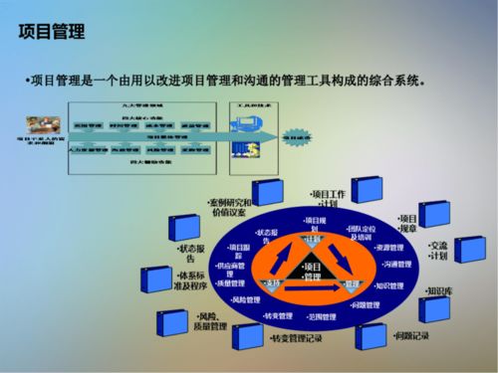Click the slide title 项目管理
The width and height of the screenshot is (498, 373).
tap(50, 34)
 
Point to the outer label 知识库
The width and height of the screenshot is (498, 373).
tap(439, 291)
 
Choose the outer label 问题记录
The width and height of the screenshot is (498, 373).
tap(411, 336)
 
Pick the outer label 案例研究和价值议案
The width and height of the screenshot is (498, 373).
tap(229, 206)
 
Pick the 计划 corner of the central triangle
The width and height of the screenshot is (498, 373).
tap(312, 240)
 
